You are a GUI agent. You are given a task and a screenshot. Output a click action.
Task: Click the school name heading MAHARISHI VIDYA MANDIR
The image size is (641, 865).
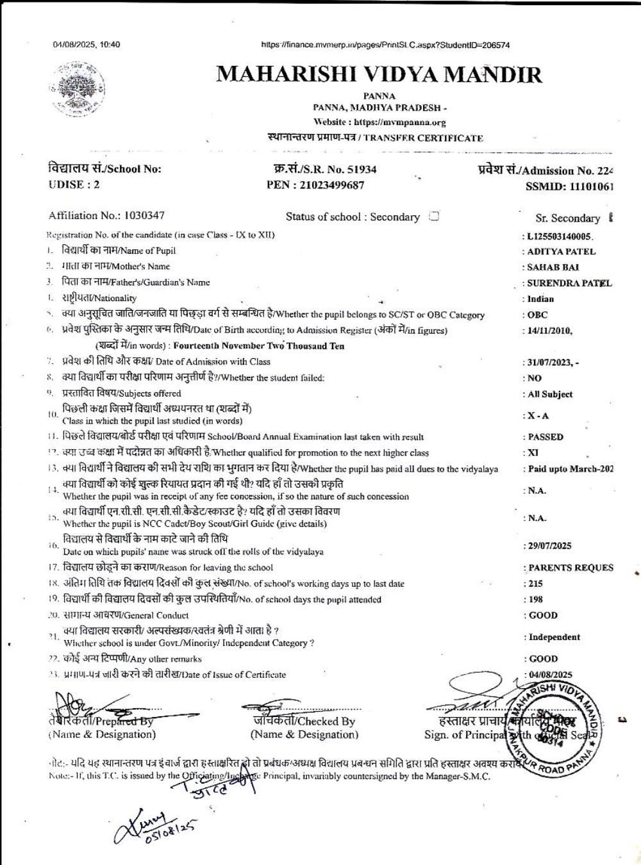[379, 75]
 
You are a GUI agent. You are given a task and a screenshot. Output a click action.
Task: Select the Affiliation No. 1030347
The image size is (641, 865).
[144, 215]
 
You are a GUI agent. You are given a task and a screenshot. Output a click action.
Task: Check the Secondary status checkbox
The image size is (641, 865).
[434, 216]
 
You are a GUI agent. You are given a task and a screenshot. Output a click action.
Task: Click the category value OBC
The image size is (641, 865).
[538, 315]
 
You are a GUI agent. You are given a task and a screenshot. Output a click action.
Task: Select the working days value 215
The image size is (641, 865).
[536, 584]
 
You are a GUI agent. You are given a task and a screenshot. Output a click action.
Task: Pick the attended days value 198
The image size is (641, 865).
[536, 600]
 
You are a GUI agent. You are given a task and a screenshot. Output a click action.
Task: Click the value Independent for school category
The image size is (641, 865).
[554, 637]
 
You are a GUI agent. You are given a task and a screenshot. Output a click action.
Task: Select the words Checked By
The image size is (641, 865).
[326, 721]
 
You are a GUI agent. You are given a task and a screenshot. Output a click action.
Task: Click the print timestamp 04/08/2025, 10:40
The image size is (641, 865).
[87, 45]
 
